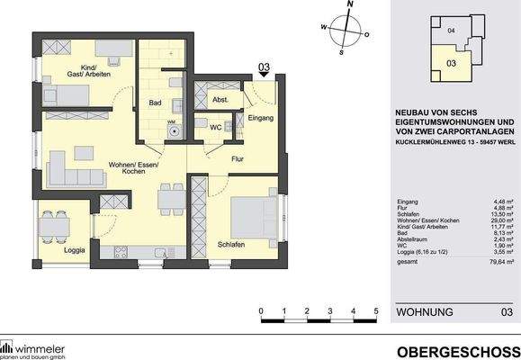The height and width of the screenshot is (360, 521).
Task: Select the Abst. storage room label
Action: pyautogui.click(x=219, y=99)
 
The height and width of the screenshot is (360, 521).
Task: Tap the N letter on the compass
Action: pyautogui.click(x=350, y=5)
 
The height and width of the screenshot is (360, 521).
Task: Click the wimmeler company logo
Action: pyautogui.click(x=36, y=346)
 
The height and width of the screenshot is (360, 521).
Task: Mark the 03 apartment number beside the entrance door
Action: pyautogui.click(x=265, y=67)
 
